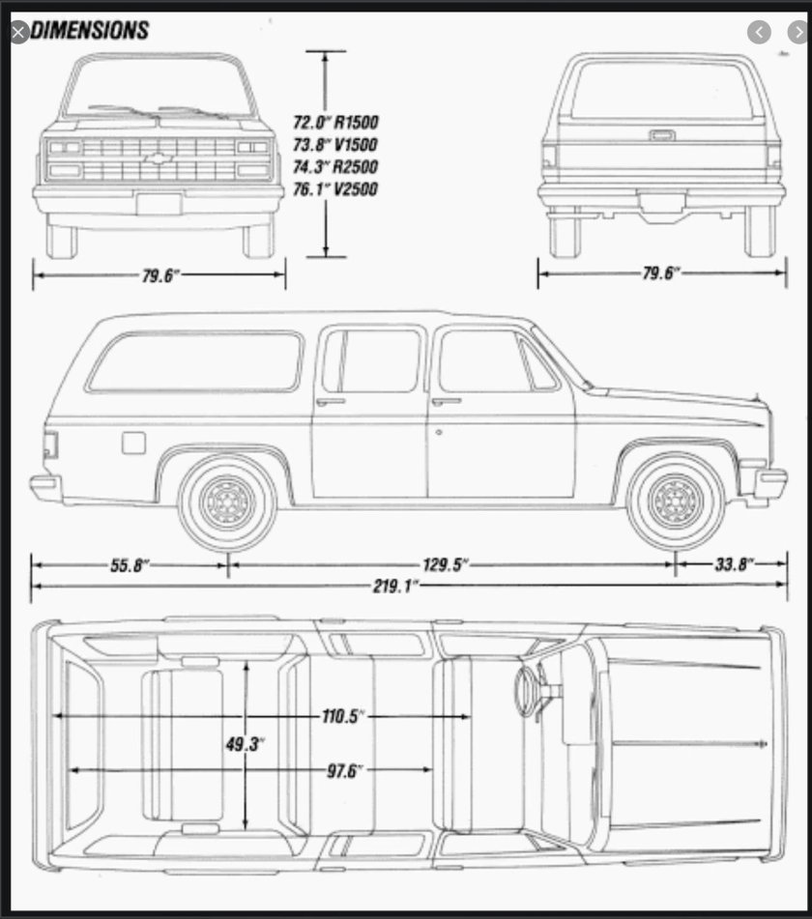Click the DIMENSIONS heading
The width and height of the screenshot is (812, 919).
pos(90,31)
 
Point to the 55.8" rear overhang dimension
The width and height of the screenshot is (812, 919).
pos(129,564)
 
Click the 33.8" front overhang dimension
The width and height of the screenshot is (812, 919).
pos(736,564)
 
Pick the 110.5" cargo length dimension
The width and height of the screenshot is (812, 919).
pos(343,716)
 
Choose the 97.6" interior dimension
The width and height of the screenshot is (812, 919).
pos(343,770)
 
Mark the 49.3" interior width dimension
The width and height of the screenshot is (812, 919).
pos(246,745)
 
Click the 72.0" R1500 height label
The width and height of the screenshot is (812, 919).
pos(335,123)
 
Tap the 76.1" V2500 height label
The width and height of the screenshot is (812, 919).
pos(335,189)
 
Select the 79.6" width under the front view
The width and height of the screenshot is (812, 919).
pos(160,275)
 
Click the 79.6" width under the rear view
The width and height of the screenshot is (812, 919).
pos(661,273)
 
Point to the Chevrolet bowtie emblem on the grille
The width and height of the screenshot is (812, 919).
pos(159,158)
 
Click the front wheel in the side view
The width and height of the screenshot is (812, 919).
pos(675,501)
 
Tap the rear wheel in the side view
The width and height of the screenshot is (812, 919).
pos(228,501)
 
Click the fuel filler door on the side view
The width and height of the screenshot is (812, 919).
pos(133,443)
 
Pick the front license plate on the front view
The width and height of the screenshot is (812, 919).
pos(159,204)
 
